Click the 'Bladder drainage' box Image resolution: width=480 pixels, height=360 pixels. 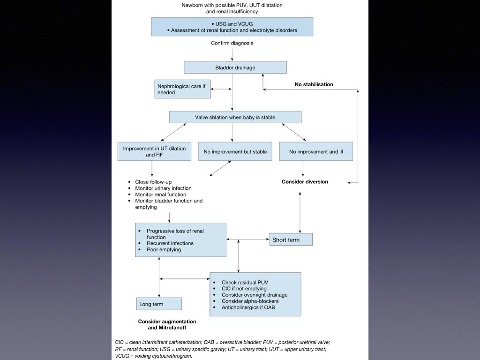(235, 67)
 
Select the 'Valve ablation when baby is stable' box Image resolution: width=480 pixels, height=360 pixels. (235, 117)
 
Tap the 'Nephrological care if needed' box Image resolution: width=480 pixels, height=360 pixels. (182, 89)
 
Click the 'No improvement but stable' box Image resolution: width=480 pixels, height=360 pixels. (235, 151)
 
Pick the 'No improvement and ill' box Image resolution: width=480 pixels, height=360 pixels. (316, 151)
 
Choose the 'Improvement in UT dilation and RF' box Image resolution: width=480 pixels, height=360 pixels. (154, 151)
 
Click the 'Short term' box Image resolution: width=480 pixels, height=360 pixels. (291, 240)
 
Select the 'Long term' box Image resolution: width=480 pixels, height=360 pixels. (159, 304)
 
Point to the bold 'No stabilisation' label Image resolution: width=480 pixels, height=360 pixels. (314, 84)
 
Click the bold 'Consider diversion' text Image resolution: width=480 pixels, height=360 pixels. (305, 181)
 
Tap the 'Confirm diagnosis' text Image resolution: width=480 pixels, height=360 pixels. (232, 43)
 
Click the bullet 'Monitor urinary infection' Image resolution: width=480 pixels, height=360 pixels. (164, 188)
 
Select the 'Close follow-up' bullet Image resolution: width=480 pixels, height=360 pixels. (153, 182)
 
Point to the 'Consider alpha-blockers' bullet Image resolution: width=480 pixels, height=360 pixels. (250, 301)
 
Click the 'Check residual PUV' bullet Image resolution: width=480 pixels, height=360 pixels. (245, 282)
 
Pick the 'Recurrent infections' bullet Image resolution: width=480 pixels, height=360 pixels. (170, 243)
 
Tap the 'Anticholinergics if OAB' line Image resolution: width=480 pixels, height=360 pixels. (248, 307)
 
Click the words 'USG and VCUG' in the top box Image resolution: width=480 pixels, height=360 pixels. (234, 24)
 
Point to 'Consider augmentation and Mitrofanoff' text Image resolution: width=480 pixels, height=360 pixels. (167, 324)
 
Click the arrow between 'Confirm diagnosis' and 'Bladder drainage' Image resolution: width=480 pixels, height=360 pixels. (232, 54)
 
